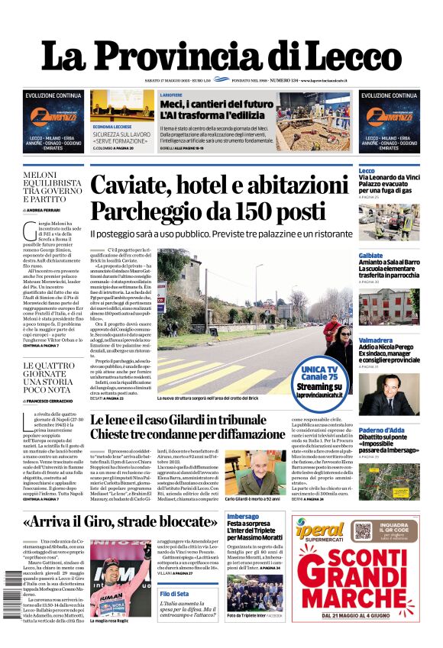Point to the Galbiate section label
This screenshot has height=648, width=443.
[x=370, y=256]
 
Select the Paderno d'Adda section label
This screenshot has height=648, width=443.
[x=380, y=430]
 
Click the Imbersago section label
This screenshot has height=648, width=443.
[x=242, y=517]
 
